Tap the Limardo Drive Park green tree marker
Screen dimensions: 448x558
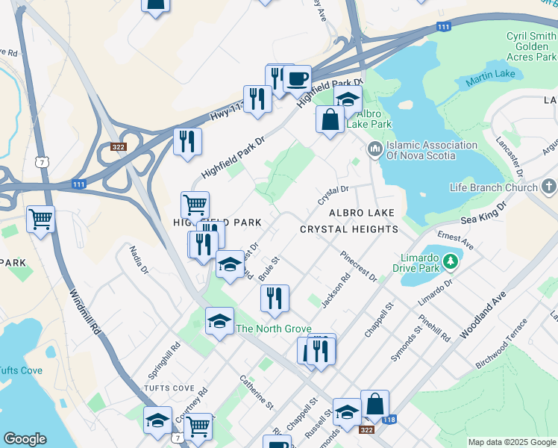coord(450,261)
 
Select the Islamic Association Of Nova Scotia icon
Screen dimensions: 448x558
coord(374,149)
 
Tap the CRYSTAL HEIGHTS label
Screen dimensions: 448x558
coord(349,229)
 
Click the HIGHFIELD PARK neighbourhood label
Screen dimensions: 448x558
coord(217,223)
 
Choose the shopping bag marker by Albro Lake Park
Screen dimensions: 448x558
coord(330,119)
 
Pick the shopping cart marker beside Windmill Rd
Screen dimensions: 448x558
coord(40,220)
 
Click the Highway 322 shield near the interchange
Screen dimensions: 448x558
coord(118,147)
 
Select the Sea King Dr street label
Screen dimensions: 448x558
coord(483,217)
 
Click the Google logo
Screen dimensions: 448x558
coord(25,439)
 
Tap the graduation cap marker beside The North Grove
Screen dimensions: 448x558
coord(219,321)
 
